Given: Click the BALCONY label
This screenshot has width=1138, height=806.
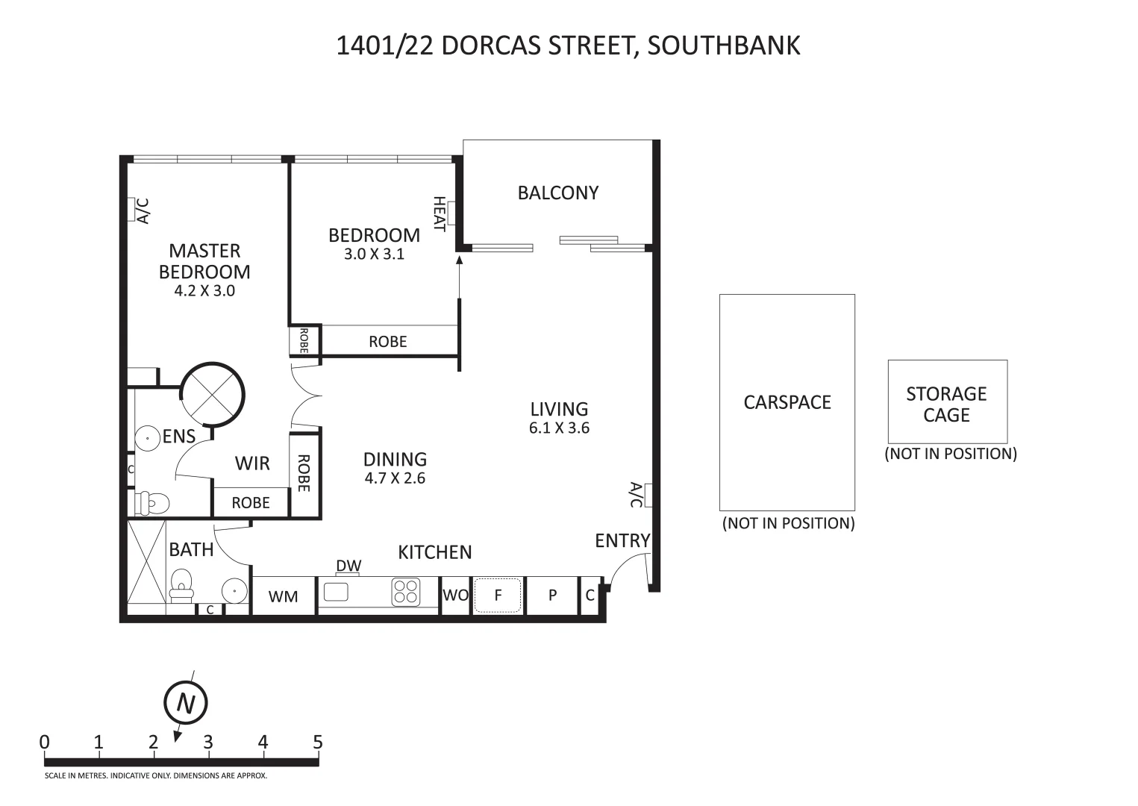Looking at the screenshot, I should tap(557, 193).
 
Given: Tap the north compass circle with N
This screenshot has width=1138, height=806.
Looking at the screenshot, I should tap(185, 703).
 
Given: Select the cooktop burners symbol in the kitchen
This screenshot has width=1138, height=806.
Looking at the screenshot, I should tap(406, 593).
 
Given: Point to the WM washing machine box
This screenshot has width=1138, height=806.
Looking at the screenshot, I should tap(283, 596).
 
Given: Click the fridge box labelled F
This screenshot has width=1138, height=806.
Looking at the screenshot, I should tap(498, 595).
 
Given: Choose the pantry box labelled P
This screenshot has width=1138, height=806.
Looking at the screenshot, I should tap(552, 595).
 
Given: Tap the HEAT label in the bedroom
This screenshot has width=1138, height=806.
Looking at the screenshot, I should tap(440, 214).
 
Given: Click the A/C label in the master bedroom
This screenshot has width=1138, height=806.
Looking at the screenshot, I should tap(143, 210).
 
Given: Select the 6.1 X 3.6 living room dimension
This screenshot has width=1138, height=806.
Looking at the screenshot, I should tap(559, 428).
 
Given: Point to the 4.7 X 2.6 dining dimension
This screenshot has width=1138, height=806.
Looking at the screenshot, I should tap(395, 478).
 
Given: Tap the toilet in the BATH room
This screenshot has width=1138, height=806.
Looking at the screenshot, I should tap(181, 585).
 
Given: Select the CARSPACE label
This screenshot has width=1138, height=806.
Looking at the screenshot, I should tap(787, 402).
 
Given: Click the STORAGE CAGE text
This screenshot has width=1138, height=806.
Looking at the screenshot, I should tap(946, 404).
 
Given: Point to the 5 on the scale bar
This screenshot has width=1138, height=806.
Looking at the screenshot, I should tap(317, 743).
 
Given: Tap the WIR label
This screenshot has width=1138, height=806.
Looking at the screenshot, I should tap(251, 463).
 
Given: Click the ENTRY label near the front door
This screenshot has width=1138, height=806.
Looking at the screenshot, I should tap(622, 540).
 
